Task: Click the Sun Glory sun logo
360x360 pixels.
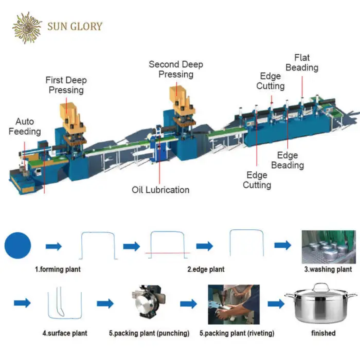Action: pyautogui.click(x=27, y=26)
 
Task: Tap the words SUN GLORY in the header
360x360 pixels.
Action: pyautogui.click(x=75, y=26)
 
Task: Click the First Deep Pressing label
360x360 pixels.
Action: pyautogui.click(x=66, y=85)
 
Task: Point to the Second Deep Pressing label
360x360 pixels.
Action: pyautogui.click(x=176, y=69)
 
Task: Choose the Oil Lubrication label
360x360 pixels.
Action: pyautogui.click(x=160, y=190)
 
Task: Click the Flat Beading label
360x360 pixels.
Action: pyautogui.click(x=302, y=63)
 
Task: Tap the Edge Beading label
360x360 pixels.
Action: pyautogui.click(x=287, y=160)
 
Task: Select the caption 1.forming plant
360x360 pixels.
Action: pyautogui.click(x=58, y=269)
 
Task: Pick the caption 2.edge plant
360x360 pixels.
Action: pyautogui.click(x=206, y=269)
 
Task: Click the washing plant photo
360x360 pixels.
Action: pyautogui.click(x=328, y=247)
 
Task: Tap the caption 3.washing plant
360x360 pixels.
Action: pyautogui.click(x=327, y=269)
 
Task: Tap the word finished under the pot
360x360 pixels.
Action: pyautogui.click(x=322, y=333)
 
